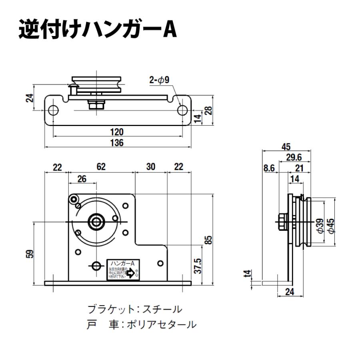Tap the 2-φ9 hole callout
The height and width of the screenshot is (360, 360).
tap(160, 80)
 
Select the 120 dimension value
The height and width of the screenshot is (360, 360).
tap(117, 132)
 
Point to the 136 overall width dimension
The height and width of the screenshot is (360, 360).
tap(117, 143)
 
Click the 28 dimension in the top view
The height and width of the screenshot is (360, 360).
tap(208, 111)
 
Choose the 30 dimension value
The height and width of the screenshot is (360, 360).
tap(150, 167)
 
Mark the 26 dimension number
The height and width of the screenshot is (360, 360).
tap(82, 179)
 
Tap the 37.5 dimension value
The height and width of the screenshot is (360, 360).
tap(198, 265)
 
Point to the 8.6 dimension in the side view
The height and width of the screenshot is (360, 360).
tap(269, 168)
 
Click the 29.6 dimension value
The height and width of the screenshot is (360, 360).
tap(294, 158)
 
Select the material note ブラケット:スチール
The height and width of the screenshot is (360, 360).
tap(135, 309)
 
